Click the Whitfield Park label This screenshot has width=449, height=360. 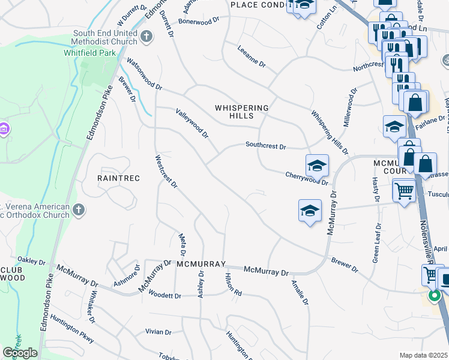point(89,53)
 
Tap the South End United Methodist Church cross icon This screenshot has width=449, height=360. point(146,37)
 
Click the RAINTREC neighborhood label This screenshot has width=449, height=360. point(118,178)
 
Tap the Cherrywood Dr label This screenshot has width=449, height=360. point(307,178)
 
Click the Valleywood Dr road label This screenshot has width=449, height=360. point(191,123)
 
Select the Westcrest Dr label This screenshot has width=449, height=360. point(166,172)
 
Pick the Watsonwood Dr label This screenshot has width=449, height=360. point(144,74)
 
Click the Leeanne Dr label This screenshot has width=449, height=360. point(251,57)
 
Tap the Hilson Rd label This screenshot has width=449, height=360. point(233,285)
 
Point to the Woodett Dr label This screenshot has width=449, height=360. point(164,295)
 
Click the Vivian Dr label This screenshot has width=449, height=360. point(158,332)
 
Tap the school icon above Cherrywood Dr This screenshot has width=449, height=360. point(317,164)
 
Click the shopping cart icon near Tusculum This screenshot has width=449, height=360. point(405,191)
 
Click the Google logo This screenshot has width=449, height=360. point(20,353)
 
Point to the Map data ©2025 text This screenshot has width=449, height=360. point(423,355)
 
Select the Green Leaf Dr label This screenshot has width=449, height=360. point(377,243)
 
